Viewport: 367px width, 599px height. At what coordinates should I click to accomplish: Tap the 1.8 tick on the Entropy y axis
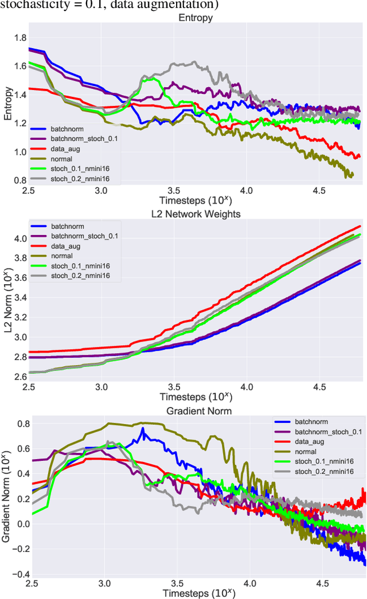[20, 38]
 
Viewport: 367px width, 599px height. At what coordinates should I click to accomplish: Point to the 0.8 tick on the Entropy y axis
[20, 180]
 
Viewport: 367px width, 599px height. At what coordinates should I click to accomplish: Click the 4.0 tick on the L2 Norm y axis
[20, 238]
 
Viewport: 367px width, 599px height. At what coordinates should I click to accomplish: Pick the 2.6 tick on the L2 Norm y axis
[20, 376]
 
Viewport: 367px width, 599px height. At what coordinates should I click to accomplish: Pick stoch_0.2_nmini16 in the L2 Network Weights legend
[80, 276]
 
